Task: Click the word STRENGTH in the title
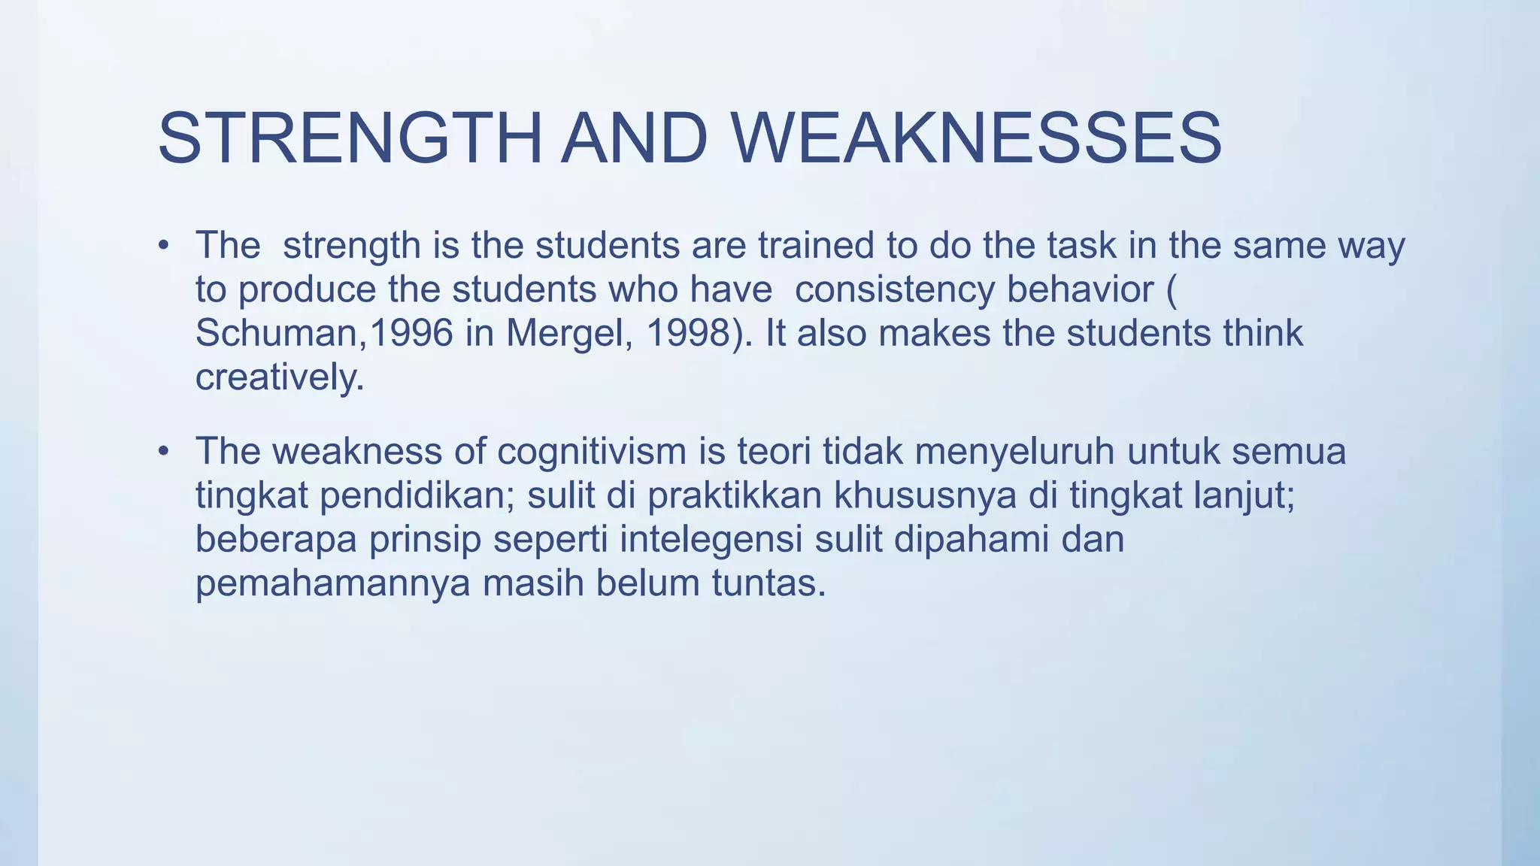(350, 138)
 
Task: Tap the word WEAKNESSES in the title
(976, 138)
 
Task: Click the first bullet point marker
(163, 246)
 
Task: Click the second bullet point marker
(163, 452)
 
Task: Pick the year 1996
(411, 333)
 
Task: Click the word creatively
(279, 377)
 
